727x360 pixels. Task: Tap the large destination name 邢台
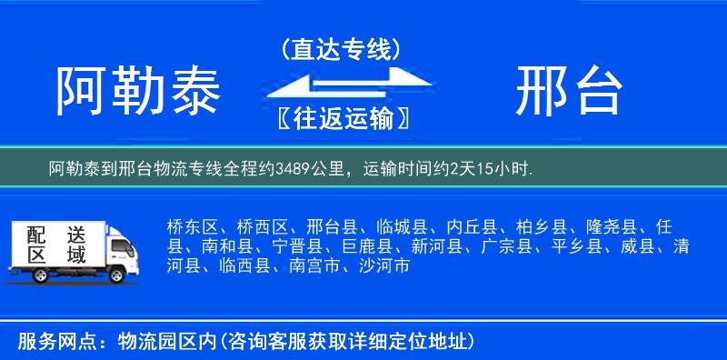(569, 93)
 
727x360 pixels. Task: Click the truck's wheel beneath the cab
(117, 273)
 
